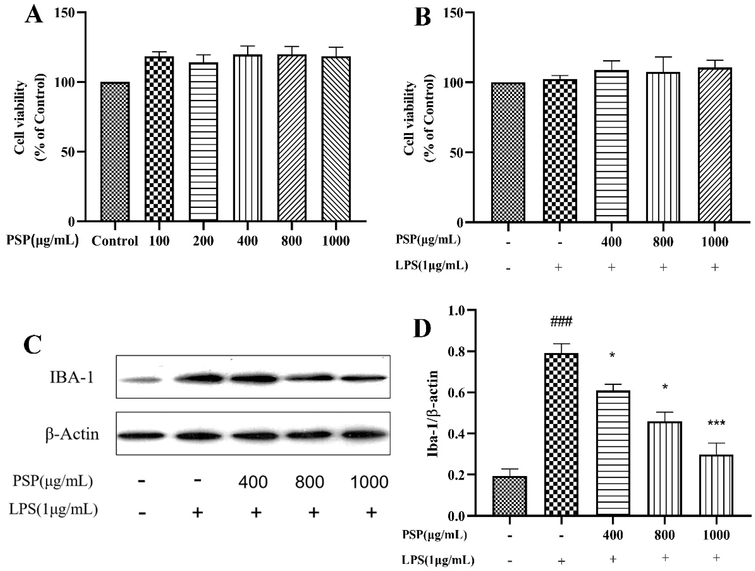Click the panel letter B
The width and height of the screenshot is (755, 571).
pos(423,16)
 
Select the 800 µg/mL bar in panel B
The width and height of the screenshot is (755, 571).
pos(663,147)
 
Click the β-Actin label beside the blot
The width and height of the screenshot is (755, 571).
pos(72,434)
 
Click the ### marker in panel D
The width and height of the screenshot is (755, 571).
pos(561,322)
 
